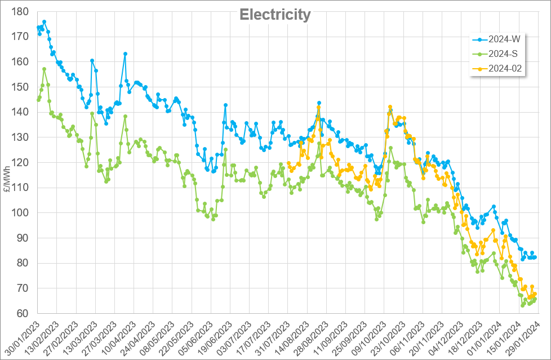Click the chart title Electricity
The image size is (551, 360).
pyautogui.click(x=275, y=15)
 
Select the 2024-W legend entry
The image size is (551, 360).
pyautogui.click(x=505, y=39)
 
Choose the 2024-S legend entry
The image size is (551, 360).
pyautogui.click(x=505, y=54)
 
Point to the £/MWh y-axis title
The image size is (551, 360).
pyautogui.click(x=6, y=179)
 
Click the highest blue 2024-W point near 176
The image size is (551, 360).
pyautogui.click(x=44, y=22)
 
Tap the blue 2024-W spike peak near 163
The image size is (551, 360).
pyautogui.click(x=125, y=54)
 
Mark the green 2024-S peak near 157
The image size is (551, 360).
pyautogui.click(x=44, y=69)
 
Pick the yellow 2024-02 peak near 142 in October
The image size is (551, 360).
pyautogui.click(x=390, y=107)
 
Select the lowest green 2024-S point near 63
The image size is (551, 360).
pyautogui.click(x=523, y=305)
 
